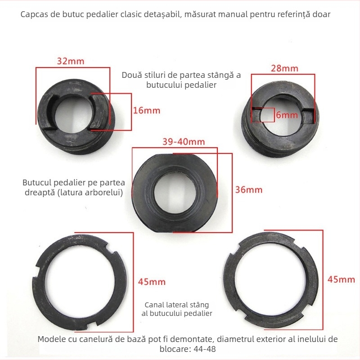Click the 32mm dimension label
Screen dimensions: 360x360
(71, 61)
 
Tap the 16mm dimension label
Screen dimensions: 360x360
(147, 111)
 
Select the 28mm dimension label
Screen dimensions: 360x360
(284, 68)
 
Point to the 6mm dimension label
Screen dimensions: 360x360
(287, 115)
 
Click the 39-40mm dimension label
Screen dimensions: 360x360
(184, 142)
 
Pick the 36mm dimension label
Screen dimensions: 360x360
(249, 190)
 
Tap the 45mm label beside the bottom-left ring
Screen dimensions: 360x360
(152, 282)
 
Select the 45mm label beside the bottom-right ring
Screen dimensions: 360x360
(341, 279)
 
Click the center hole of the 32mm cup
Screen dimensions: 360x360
(74, 114)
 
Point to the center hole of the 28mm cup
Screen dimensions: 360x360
(282, 116)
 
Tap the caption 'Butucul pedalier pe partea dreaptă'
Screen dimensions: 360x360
(74, 187)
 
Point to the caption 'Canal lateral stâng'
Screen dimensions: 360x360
(177, 305)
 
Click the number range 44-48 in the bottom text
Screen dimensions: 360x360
(205, 349)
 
